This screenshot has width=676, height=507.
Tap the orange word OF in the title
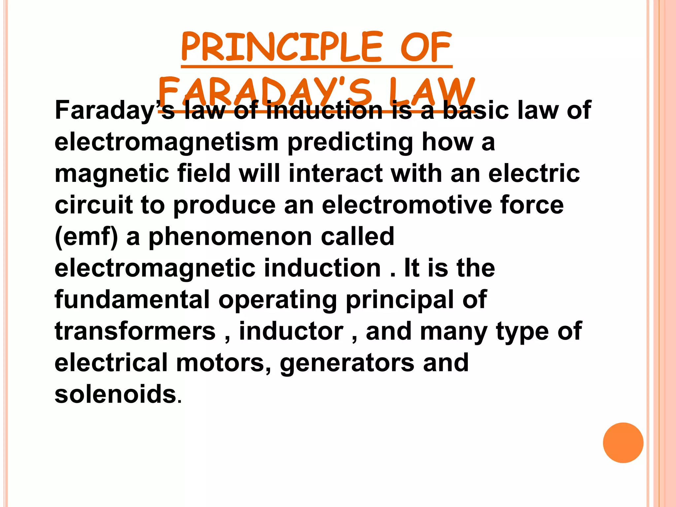pos(426,47)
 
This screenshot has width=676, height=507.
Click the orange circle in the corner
pos(623,443)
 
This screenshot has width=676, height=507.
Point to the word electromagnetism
pos(167,143)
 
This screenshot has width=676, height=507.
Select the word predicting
pos(350,143)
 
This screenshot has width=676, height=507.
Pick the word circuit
pos(93,205)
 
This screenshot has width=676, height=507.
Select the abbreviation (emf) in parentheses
pos(86,237)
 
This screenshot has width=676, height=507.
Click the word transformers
pos(135,331)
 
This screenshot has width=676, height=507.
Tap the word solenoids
pos(116,394)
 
